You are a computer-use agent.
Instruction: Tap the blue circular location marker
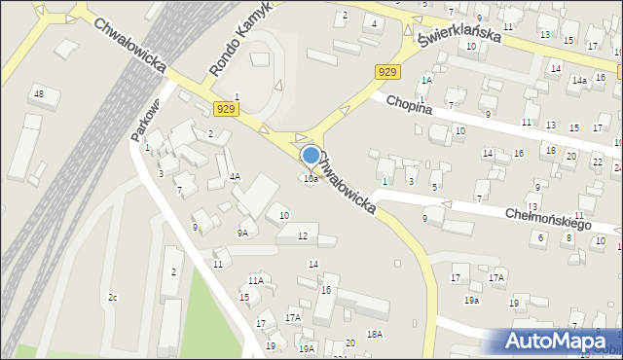(311, 156)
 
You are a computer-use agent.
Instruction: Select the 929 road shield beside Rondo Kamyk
(227, 108)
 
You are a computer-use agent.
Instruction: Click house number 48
(39, 93)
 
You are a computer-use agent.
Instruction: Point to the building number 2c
(113, 297)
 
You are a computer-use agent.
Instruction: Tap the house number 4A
(235, 177)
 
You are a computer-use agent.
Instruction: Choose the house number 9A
(242, 233)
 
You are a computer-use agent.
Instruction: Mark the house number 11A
(255, 280)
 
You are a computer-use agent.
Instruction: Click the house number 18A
(375, 334)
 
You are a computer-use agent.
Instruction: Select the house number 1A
(426, 80)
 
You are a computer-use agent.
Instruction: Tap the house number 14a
(579, 81)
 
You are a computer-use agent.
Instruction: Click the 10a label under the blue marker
(311, 179)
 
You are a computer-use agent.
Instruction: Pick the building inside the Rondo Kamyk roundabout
(261, 60)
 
